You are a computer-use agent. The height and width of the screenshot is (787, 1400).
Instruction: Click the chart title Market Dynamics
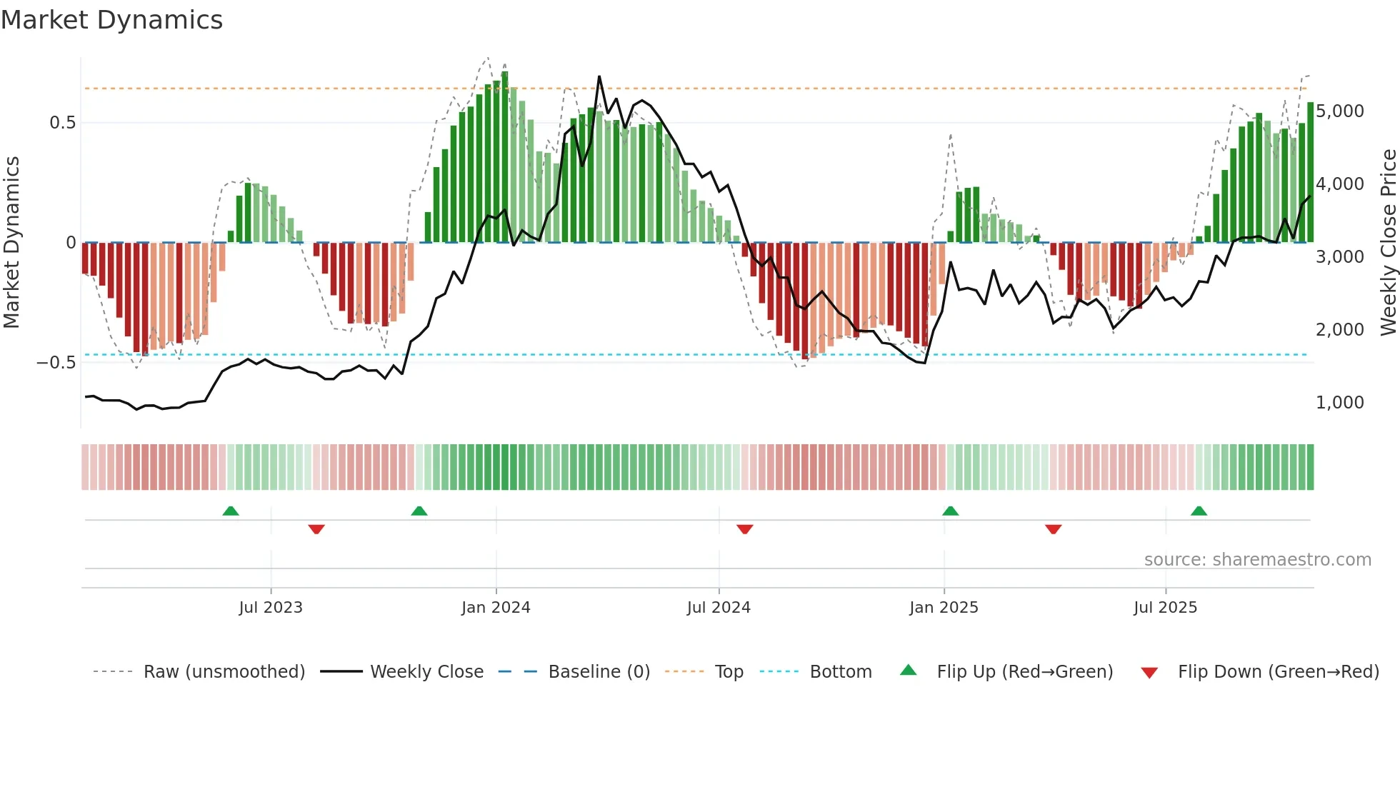coord(111,20)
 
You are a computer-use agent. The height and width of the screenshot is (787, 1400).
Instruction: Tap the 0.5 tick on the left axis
coord(62,123)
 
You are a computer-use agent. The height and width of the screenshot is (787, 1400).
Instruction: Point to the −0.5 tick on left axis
coord(56,363)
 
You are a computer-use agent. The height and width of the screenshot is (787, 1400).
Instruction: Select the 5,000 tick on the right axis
coord(1339,111)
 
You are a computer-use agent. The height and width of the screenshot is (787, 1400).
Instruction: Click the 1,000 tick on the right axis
coord(1339,403)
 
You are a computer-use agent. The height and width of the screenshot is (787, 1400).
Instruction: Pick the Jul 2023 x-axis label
coord(271,608)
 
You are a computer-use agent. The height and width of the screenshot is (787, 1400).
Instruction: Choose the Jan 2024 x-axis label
coord(496,608)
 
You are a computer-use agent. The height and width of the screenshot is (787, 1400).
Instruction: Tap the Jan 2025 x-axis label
coord(944,608)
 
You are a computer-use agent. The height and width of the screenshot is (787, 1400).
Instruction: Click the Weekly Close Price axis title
coord(1388,242)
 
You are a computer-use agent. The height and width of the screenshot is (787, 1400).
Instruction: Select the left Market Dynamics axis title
coord(11,242)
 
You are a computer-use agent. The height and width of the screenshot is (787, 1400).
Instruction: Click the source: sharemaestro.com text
coord(1257,560)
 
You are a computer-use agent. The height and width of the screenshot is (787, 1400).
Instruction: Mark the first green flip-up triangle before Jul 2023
coord(231,511)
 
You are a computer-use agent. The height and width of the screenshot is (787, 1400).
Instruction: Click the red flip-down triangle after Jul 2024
coord(745,529)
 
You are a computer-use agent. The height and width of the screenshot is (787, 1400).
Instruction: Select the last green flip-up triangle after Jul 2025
coord(1199,511)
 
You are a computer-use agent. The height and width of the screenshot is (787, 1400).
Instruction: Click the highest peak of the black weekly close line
coord(599,76)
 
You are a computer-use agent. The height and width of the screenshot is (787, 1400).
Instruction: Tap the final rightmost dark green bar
coord(1310,172)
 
